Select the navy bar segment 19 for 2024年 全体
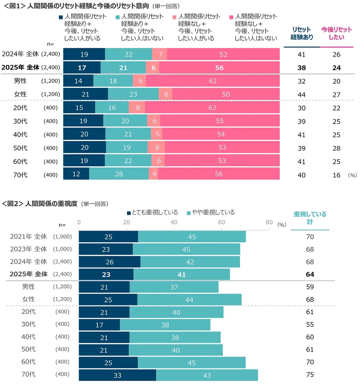[84, 54]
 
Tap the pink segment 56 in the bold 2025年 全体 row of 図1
[219, 68]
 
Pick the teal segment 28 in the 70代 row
[119, 174]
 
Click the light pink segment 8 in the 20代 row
[138, 108]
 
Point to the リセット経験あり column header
[301, 34]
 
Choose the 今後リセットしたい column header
[336, 34]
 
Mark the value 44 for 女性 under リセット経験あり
[301, 94]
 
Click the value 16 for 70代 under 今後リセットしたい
[336, 175]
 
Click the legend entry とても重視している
[152, 212]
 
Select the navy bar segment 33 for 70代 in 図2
[118, 375]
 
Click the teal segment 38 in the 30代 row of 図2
[165, 325]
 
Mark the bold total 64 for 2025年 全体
[310, 275]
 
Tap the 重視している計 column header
[310, 218]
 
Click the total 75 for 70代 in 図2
[310, 375]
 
